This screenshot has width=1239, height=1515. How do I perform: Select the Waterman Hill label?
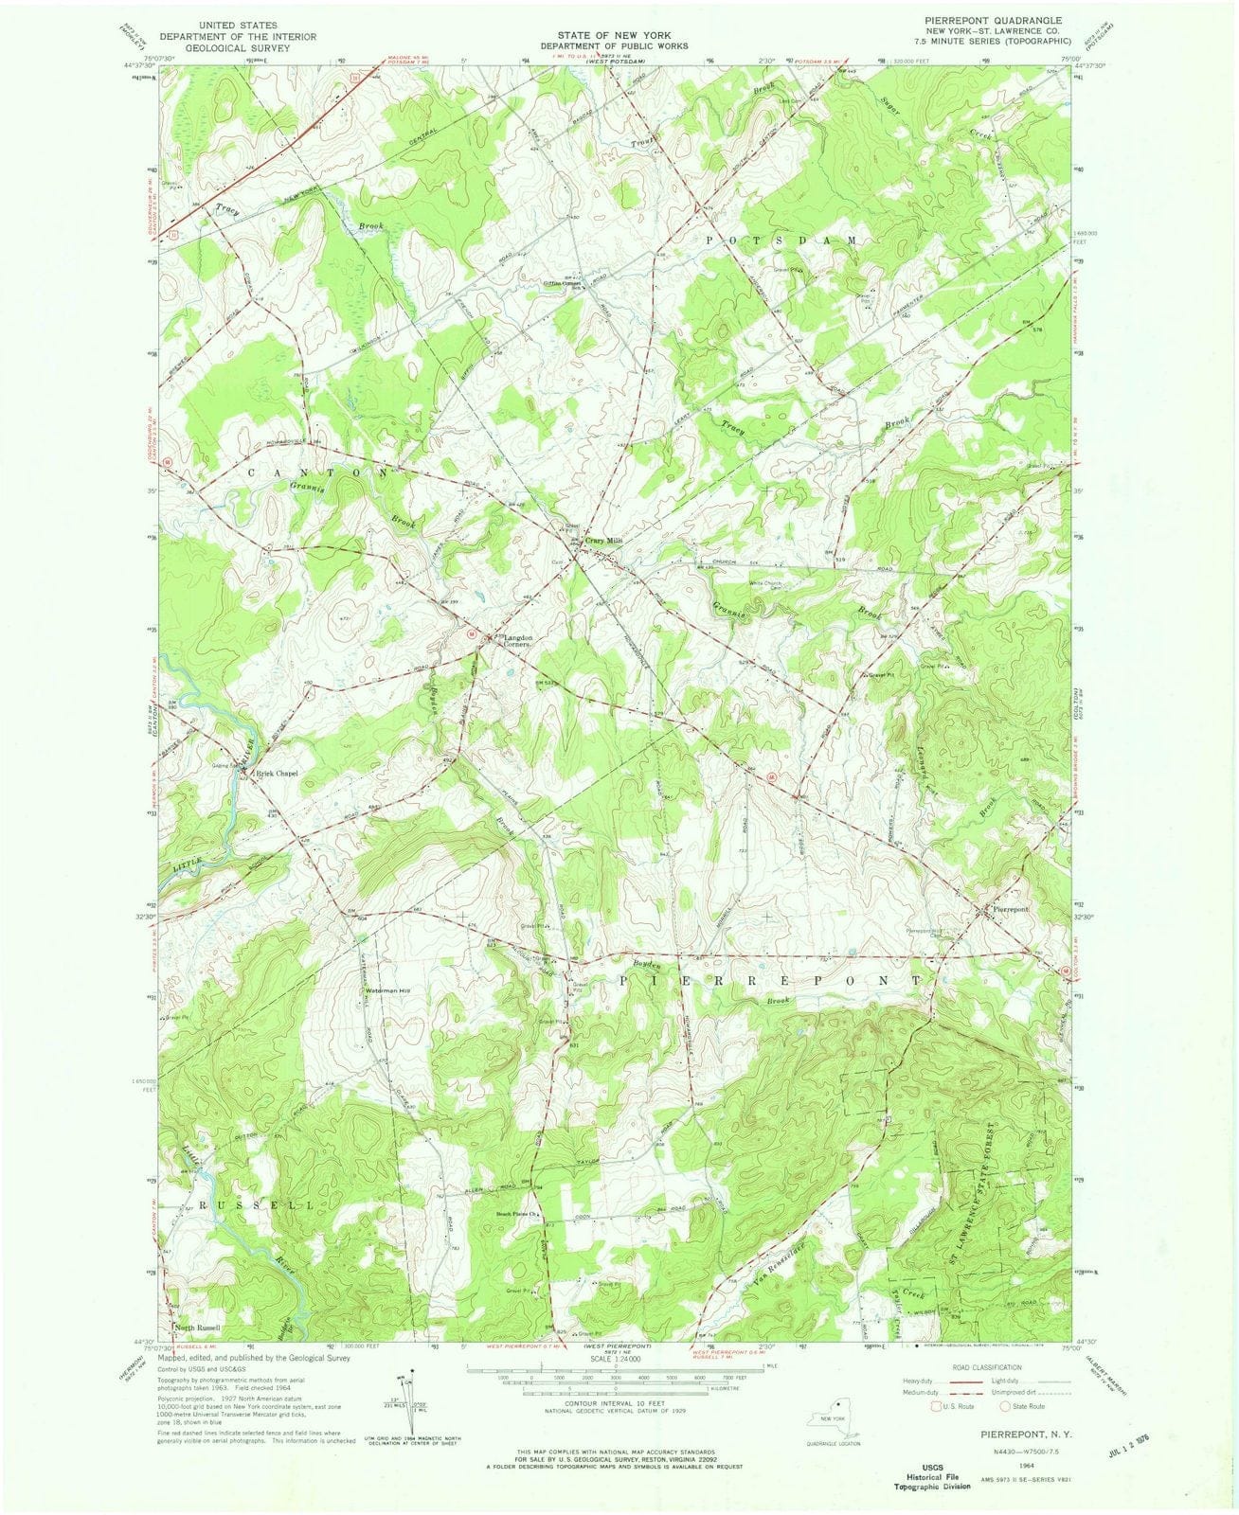(388, 991)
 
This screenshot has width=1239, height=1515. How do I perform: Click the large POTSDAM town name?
(782, 241)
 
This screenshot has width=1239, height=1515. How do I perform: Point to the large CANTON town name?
(316, 471)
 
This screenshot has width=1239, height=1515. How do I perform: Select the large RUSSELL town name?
(242, 1205)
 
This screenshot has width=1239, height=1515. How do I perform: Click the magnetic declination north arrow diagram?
(398, 1401)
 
